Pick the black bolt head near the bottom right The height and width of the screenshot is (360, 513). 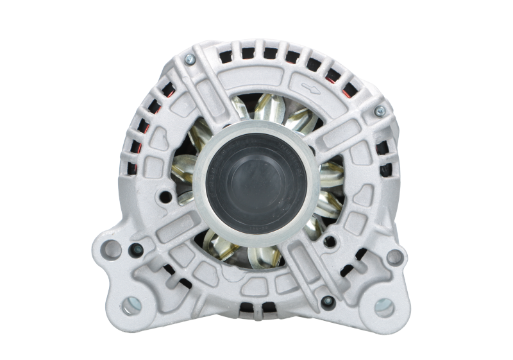point(326,298)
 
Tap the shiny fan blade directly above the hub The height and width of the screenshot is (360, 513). point(269,114)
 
